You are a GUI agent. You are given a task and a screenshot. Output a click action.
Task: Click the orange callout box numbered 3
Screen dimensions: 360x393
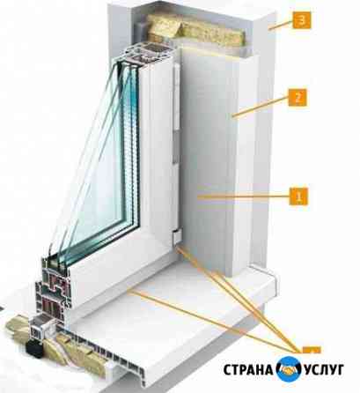coord(301,20)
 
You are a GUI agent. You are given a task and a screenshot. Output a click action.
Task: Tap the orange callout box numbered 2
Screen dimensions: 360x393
coord(298,97)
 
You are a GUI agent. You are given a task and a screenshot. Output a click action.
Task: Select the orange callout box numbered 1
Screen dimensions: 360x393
coord(299,196)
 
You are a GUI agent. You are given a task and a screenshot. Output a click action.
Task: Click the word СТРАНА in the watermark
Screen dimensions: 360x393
coord(248,369)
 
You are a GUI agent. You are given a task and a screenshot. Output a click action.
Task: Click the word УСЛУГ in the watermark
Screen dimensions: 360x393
coord(324,369)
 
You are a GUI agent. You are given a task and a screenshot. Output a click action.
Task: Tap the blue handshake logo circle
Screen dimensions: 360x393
coord(289,369)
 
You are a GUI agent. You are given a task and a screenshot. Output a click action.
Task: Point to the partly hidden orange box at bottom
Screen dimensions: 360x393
coord(312,349)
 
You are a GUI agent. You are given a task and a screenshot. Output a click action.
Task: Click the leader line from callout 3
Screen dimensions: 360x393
coord(281,25)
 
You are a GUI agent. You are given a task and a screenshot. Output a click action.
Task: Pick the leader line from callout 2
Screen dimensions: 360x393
coord(261,108)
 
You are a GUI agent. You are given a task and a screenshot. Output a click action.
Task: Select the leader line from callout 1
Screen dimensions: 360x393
coord(244,197)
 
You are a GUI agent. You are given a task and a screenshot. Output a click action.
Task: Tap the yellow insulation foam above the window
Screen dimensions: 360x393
coord(195,30)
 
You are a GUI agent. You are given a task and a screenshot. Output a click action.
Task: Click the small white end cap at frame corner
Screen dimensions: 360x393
coord(176,237)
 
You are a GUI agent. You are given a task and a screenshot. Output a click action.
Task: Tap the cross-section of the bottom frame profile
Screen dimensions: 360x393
coord(55,291)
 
